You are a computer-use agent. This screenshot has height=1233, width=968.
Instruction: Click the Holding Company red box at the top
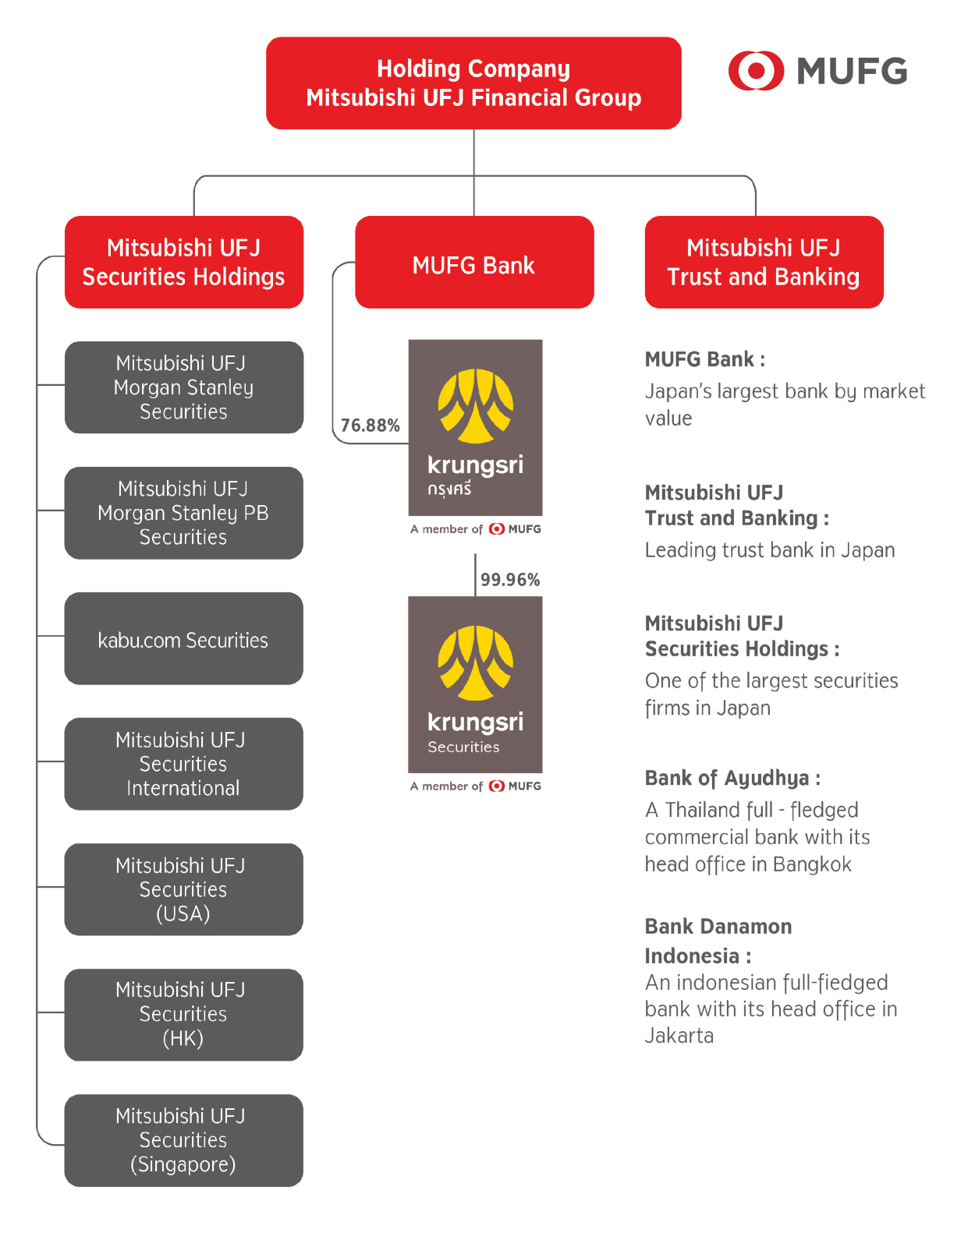click(x=473, y=83)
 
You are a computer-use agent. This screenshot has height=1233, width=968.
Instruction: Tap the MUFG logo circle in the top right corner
click(x=755, y=71)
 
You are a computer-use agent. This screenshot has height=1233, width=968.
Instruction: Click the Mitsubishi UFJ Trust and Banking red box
click(x=764, y=263)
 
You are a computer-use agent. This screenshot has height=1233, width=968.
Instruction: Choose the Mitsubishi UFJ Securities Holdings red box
click(x=184, y=263)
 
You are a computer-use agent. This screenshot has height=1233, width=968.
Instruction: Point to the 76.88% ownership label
click(x=370, y=426)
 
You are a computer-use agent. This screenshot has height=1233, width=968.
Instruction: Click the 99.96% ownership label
click(x=510, y=580)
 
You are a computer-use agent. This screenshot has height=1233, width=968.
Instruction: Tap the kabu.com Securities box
click(x=184, y=639)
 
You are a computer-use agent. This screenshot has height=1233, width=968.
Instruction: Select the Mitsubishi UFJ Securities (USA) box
click(x=184, y=889)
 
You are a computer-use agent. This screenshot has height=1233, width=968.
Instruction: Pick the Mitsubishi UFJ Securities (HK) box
click(x=184, y=1015)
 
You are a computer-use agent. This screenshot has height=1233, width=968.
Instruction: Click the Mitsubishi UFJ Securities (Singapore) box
click(x=184, y=1140)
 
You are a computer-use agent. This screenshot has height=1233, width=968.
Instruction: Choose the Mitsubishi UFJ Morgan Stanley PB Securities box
click(x=184, y=513)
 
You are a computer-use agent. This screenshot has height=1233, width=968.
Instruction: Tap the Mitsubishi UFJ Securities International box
click(x=184, y=764)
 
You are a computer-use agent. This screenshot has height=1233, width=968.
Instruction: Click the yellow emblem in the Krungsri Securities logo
click(x=475, y=662)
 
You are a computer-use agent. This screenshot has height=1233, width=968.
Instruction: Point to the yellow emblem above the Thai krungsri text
click(x=475, y=406)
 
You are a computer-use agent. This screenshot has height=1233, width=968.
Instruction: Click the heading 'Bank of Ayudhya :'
click(x=732, y=778)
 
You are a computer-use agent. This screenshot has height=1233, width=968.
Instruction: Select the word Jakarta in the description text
click(x=679, y=1036)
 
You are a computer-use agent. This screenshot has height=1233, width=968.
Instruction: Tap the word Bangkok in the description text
click(x=812, y=864)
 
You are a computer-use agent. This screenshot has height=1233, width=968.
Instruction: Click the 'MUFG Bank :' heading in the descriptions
click(x=704, y=359)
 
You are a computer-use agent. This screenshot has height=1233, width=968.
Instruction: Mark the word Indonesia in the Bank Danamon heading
click(x=692, y=956)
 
